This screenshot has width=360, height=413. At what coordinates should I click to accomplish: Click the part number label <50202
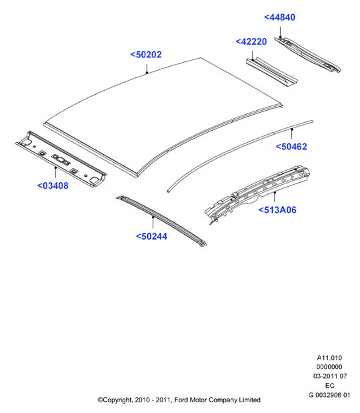[146, 55]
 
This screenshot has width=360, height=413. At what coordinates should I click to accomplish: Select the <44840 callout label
[279, 17]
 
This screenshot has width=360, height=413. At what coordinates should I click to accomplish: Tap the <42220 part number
[251, 41]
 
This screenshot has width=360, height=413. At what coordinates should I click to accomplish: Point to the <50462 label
[291, 147]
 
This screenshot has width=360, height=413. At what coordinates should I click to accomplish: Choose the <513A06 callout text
[277, 210]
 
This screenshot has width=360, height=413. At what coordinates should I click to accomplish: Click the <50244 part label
[151, 236]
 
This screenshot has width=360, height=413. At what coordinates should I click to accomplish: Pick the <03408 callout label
[53, 185]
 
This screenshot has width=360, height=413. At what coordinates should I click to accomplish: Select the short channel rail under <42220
[271, 71]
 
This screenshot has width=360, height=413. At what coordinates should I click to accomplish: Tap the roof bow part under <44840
[308, 55]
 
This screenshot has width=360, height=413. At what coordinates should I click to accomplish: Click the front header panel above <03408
[61, 159]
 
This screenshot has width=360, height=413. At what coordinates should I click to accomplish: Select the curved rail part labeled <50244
[161, 221]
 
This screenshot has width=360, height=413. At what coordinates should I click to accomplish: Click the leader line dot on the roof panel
[147, 73]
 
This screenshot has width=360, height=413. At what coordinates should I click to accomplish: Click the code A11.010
[329, 358]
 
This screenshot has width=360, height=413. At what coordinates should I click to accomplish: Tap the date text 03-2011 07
[330, 376]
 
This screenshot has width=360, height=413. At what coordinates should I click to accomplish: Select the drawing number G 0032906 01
[329, 395]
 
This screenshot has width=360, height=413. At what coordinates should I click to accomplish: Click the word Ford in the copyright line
[181, 400]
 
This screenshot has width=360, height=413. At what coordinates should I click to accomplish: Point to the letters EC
[330, 386]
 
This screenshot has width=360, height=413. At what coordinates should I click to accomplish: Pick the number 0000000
[329, 367]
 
